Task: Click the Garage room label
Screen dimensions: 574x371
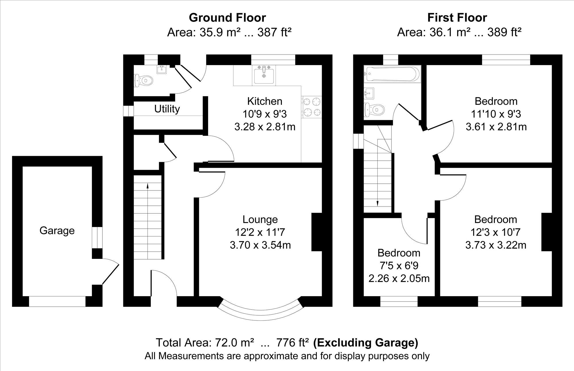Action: tap(57, 231)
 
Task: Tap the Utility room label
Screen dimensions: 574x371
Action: tap(167, 109)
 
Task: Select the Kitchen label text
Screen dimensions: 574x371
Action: tap(265, 101)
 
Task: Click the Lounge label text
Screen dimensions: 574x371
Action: tap(260, 220)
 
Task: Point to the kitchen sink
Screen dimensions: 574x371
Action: tap(264, 75)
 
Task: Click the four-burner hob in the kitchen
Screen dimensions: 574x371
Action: tap(311, 107)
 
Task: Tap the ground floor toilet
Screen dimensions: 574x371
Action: tap(143, 81)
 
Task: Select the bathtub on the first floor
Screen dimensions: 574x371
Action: tap(392, 74)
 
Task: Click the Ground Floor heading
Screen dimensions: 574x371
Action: tap(227, 18)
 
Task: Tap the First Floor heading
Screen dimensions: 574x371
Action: tap(457, 18)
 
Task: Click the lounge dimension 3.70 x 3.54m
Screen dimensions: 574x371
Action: tap(260, 245)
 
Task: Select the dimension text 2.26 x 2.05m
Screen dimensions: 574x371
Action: tap(399, 278)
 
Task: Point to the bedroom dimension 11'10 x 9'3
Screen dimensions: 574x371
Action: tap(496, 114)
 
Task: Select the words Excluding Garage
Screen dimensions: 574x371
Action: tap(366, 343)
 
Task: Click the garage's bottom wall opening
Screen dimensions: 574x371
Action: tap(57, 301)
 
